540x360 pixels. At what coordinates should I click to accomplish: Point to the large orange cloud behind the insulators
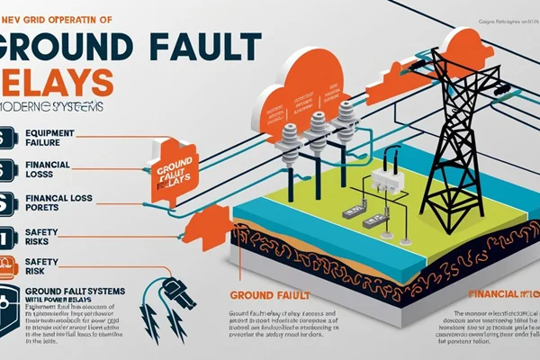[301, 90]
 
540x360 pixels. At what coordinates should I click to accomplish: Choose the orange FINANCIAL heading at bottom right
[500, 294]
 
